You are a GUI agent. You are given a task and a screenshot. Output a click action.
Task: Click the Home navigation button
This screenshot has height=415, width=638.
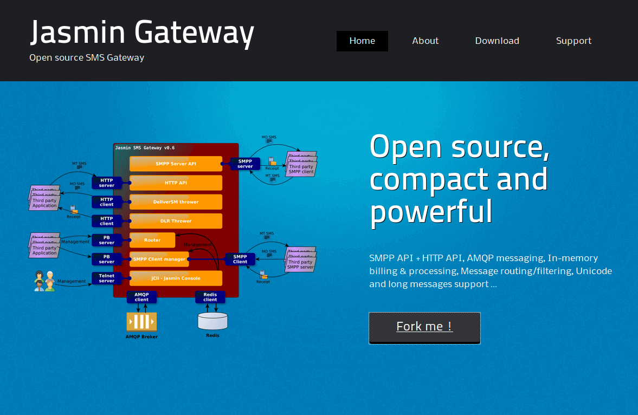pyautogui.click(x=362, y=41)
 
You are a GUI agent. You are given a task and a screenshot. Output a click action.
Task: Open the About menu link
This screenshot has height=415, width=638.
pyautogui.click(x=425, y=41)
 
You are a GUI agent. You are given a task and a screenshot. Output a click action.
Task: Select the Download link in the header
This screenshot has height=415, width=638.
pyautogui.click(x=497, y=41)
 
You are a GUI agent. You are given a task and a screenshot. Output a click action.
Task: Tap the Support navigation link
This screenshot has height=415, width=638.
pyautogui.click(x=573, y=41)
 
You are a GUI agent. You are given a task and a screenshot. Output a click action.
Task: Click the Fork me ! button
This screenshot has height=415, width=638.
pyautogui.click(x=424, y=327)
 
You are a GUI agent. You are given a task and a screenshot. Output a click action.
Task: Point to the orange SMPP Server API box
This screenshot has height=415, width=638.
pyautogui.click(x=176, y=164)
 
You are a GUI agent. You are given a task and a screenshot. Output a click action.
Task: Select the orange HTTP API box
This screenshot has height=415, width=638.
pyautogui.click(x=176, y=183)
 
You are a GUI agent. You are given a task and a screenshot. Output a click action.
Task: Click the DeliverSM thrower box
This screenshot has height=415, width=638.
pyautogui.click(x=176, y=202)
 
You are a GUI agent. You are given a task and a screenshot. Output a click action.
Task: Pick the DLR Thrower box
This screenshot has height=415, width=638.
pyautogui.click(x=176, y=221)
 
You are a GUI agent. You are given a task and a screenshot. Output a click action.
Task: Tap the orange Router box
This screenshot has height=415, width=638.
pyautogui.click(x=152, y=240)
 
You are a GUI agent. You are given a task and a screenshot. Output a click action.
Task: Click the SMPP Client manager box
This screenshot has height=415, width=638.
pyautogui.click(x=159, y=259)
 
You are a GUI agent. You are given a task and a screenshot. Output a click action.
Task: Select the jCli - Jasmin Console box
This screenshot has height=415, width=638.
pyautogui.click(x=176, y=278)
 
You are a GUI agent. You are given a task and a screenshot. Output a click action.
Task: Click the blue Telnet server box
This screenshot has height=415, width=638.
pyautogui.click(x=107, y=278)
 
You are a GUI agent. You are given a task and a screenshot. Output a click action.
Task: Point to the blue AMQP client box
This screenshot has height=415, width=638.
pyautogui.click(x=141, y=297)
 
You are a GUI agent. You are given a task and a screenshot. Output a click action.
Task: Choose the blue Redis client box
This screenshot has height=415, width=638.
pyautogui.click(x=210, y=297)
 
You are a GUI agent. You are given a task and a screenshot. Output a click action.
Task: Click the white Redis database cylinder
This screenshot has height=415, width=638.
pyautogui.click(x=212, y=321)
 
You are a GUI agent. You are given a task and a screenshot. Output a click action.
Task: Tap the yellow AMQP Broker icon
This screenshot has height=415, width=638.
pyautogui.click(x=141, y=321)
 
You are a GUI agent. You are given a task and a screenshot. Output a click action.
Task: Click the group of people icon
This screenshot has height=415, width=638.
pyautogui.click(x=44, y=281)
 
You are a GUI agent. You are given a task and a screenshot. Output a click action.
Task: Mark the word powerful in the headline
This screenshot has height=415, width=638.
pyautogui.click(x=431, y=211)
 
